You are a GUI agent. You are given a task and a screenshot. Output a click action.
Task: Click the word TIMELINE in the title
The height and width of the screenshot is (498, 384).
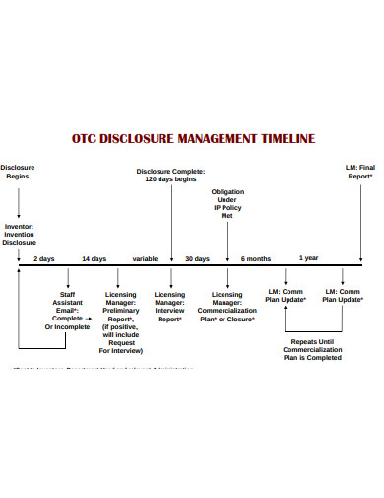tap(277, 139)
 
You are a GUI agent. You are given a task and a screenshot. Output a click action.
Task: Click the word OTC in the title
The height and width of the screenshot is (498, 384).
tap(88, 139)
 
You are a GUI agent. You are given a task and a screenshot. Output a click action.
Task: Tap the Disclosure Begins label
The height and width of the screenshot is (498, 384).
tap(19, 173)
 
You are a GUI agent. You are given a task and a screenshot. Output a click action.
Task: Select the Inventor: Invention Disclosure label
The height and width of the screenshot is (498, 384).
tap(19, 233)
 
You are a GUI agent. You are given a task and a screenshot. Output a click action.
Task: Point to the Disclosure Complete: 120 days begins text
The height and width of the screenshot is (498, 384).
tap(171, 174)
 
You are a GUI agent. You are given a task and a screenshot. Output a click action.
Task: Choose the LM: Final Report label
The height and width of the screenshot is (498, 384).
tap(360, 173)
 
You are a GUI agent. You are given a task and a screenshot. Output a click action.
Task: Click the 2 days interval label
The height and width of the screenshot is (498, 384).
tap(44, 258)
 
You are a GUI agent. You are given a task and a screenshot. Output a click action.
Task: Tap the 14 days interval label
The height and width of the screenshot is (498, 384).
tap(94, 258)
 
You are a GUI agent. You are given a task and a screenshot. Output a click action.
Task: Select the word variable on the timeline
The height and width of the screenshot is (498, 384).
tap(145, 258)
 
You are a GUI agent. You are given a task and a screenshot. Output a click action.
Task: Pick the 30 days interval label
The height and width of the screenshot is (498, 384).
tap(197, 258)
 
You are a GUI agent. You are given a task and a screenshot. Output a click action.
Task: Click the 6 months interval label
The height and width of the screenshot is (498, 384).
tap(256, 258)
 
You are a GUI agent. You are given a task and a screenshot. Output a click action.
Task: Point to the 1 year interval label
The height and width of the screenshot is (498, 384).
tap(308, 258)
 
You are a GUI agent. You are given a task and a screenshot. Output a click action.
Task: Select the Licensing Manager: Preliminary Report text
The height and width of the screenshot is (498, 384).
tap(119, 320)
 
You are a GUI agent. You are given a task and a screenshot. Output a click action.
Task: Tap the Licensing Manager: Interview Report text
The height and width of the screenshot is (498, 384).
tap(169, 305)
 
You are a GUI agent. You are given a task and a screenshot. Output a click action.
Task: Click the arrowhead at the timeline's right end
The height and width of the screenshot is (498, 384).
tap(368, 267)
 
